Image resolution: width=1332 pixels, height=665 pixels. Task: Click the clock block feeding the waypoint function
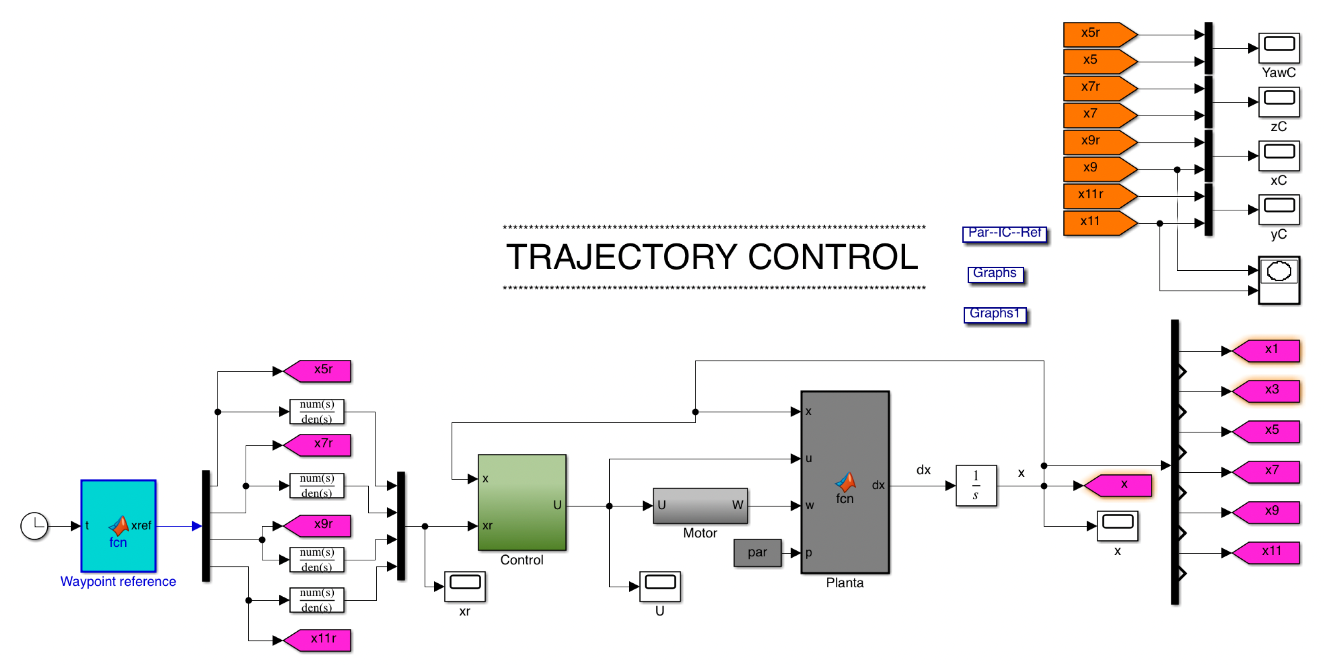tap(34, 526)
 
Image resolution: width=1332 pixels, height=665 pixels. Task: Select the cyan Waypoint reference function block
tap(118, 526)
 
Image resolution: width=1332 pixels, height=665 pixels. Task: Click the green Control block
tap(522, 502)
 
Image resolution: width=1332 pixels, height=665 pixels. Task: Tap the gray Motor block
tap(700, 505)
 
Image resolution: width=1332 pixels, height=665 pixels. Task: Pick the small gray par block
tap(757, 552)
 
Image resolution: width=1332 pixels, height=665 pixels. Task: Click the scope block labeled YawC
tap(1279, 48)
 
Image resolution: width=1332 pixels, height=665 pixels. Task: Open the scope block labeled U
tap(660, 586)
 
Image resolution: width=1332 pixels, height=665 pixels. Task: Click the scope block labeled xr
tap(465, 586)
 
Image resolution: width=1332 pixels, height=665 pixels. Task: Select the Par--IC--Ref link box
tap(1004, 234)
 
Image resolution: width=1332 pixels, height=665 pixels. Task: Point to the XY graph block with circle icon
tap(1279, 280)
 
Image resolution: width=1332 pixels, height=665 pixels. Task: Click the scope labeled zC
tap(1279, 102)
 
